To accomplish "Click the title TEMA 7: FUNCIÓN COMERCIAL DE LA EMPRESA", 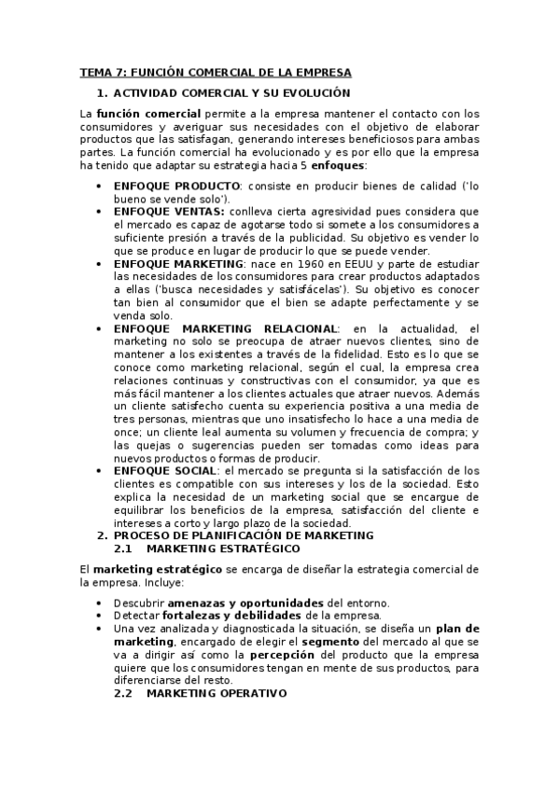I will (216, 72).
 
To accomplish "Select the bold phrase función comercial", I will (137, 114).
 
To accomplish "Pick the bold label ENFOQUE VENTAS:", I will (168, 212).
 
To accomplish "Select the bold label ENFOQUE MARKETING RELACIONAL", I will (224, 328).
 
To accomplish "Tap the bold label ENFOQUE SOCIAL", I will (163, 470).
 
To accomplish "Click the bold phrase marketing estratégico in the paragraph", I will (144, 569).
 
